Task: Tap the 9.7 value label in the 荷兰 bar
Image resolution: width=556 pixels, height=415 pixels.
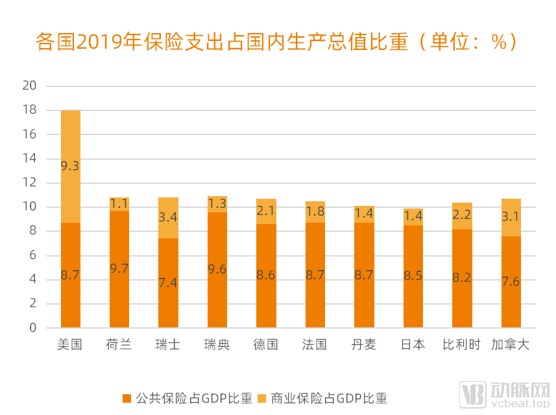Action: [x=119, y=269]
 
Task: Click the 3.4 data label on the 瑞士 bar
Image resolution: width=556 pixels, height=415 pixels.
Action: [x=168, y=217]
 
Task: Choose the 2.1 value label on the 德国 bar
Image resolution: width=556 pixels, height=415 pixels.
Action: [x=266, y=211]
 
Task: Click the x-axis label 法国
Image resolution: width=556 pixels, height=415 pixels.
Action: [x=315, y=345]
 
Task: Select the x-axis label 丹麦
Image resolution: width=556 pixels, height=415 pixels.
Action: [x=364, y=345]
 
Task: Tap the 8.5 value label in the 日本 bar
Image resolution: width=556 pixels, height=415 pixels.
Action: [x=413, y=276]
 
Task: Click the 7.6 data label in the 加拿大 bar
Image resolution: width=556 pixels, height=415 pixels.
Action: [x=511, y=282]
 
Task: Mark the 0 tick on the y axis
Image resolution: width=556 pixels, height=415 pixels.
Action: [x=32, y=328]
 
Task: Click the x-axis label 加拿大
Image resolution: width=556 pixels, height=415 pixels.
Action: [x=511, y=345]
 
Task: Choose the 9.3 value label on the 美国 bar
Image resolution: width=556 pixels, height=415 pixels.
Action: [x=70, y=166]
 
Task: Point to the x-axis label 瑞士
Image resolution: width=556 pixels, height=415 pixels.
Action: [x=168, y=345]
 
